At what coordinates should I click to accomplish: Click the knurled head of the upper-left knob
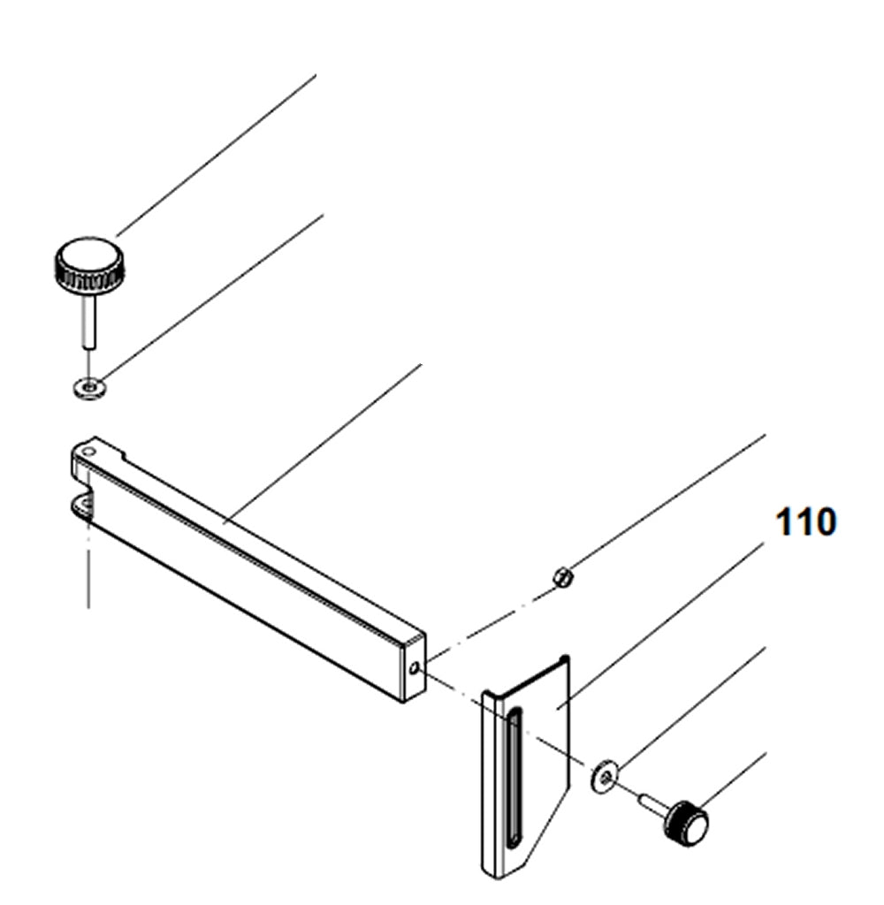tap(89, 266)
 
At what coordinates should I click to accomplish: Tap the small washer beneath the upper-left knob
tap(89, 386)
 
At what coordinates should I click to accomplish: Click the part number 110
tap(804, 523)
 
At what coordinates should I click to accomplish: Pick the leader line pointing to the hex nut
tap(663, 504)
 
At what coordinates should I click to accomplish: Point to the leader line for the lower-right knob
tap(734, 778)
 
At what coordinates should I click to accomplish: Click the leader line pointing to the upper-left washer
tap(212, 296)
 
